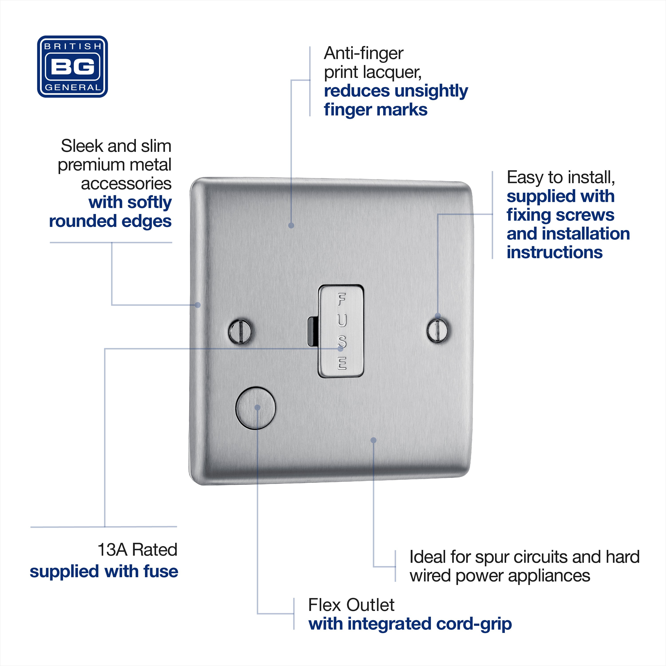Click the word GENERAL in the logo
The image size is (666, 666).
[x=73, y=87]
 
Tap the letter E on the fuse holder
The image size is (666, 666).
[x=342, y=363]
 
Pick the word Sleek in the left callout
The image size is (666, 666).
[x=82, y=146]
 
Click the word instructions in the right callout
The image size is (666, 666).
[x=555, y=252]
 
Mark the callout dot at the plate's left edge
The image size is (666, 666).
[x=198, y=305]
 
